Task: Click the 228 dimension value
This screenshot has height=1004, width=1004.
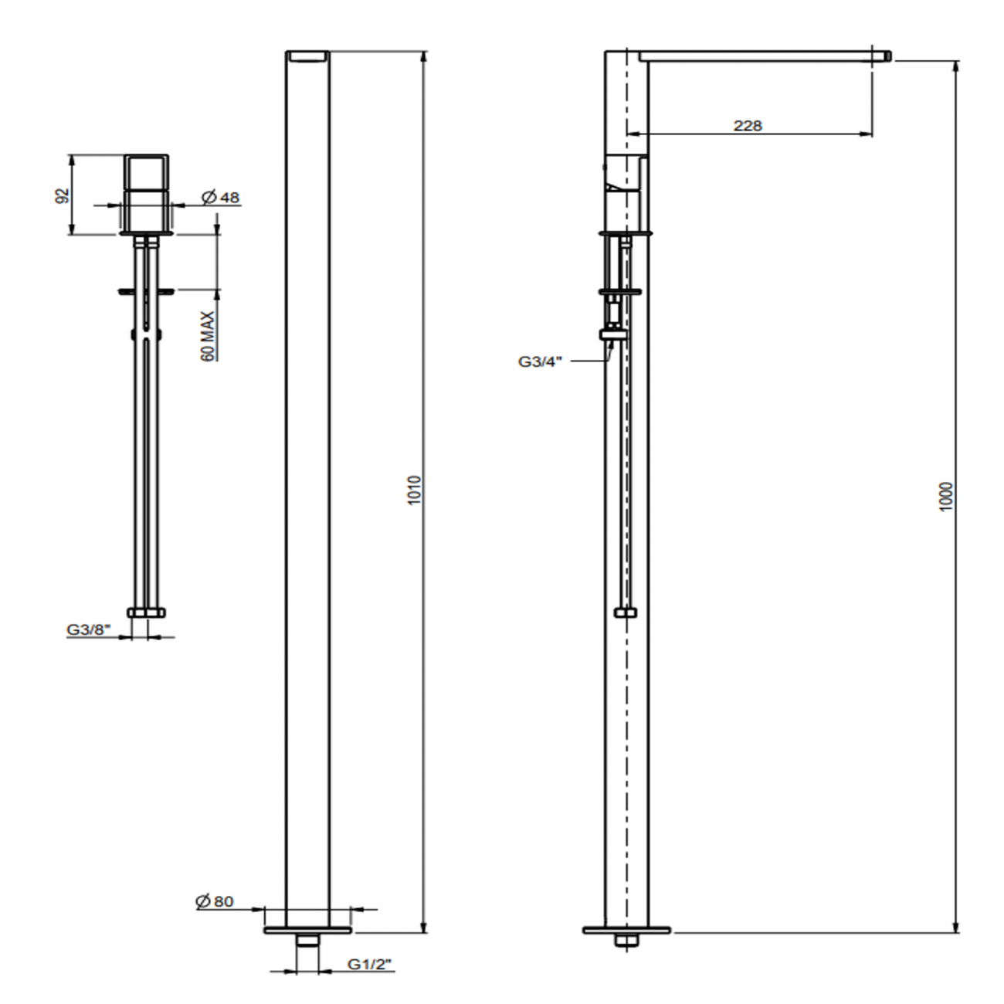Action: pyautogui.click(x=748, y=126)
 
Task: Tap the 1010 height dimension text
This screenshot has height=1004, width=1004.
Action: pyautogui.click(x=414, y=490)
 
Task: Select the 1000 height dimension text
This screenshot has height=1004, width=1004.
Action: pyautogui.click(x=947, y=497)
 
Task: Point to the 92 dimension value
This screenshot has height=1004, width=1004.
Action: pyautogui.click(x=62, y=196)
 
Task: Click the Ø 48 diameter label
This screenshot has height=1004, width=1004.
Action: pyautogui.click(x=220, y=198)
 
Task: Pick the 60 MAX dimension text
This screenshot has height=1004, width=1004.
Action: pyautogui.click(x=208, y=336)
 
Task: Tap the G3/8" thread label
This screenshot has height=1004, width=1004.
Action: pyautogui.click(x=89, y=630)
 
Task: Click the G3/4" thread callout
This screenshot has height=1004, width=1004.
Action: pyautogui.click(x=541, y=361)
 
